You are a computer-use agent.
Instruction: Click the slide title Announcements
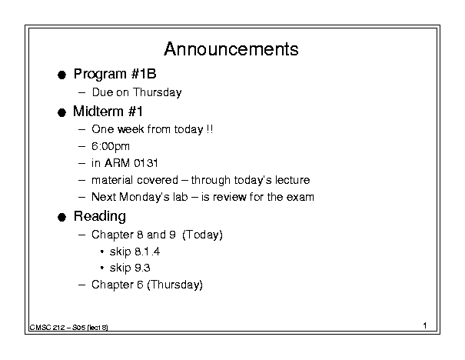click(x=231, y=49)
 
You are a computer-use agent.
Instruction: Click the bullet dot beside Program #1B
click(x=61, y=75)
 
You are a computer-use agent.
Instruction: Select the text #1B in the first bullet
click(x=144, y=74)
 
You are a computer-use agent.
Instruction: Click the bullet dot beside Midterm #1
click(x=61, y=113)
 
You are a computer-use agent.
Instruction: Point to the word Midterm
click(x=98, y=112)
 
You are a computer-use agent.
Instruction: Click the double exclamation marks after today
click(x=209, y=129)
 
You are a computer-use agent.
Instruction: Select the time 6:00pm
click(x=111, y=146)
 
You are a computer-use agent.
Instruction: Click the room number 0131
click(x=146, y=163)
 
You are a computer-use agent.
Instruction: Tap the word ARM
click(x=117, y=163)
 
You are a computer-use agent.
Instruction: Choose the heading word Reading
click(x=100, y=216)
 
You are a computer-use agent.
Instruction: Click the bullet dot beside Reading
click(x=61, y=218)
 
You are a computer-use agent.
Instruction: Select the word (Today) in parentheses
click(x=202, y=235)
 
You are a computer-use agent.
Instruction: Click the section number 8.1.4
click(x=147, y=252)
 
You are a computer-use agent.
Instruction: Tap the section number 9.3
click(x=142, y=268)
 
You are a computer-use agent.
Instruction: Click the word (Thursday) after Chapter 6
click(x=174, y=285)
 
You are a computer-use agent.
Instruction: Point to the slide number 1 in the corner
click(x=425, y=325)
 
